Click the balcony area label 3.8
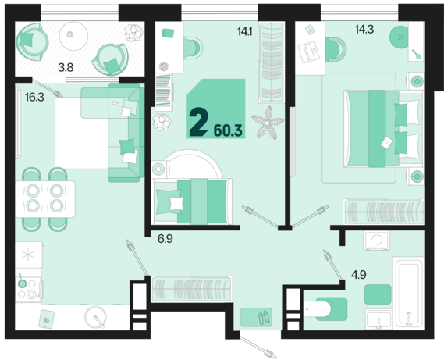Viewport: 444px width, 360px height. click(66, 68)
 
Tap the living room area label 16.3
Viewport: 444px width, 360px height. click(34, 98)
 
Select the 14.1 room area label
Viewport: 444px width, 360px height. click(245, 31)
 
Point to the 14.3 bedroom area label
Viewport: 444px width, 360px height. click(364, 29)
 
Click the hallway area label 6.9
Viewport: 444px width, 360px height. click(165, 239)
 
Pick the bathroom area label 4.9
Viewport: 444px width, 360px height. click(358, 274)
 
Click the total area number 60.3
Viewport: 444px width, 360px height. click(228, 130)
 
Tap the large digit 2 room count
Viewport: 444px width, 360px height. click(198, 122)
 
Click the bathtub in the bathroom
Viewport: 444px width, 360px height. click(409, 293)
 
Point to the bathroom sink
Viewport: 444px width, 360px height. click(379, 319)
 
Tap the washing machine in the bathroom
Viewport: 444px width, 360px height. click(377, 241)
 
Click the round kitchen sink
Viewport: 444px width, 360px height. click(96, 318)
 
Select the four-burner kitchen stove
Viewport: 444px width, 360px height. click(28, 289)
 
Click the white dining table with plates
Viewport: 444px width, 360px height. click(45, 199)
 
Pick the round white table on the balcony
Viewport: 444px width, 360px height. click(73, 36)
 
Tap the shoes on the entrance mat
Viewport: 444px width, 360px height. click(265, 318)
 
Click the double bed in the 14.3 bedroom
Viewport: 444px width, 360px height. click(383, 129)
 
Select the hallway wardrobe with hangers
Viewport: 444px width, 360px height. click(192, 289)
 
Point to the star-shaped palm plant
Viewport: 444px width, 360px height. click(268, 123)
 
